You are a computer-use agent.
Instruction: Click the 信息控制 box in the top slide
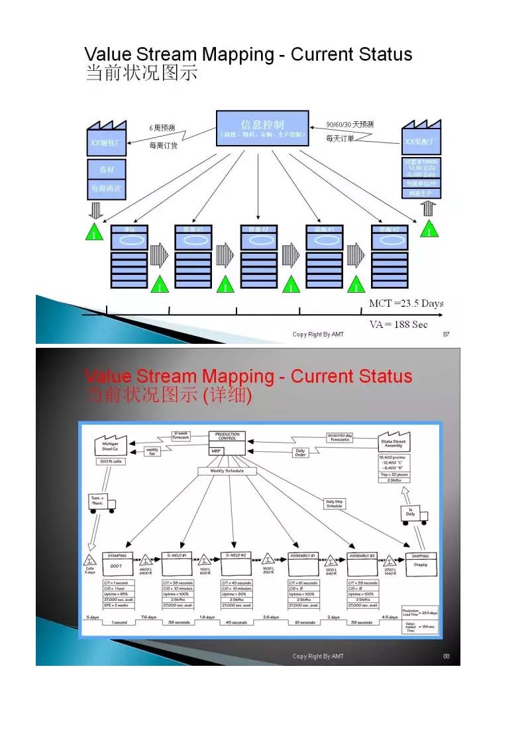coord(262,128)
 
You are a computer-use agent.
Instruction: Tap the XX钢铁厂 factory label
coord(107,141)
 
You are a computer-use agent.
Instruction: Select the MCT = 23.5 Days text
coord(406,303)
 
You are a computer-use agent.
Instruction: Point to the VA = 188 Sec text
coord(398,324)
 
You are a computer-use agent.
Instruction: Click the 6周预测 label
coord(162,127)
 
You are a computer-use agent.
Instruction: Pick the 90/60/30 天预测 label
coord(350,125)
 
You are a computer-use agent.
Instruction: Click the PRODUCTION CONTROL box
coord(227,437)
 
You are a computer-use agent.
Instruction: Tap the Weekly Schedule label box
coord(227,471)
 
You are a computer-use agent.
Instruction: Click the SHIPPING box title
coord(420,556)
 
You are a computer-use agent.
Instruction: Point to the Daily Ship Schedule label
coord(334,504)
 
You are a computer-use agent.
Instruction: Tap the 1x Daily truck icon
coord(413,513)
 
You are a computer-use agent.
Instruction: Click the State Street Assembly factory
coord(393,443)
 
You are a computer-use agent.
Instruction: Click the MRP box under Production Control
coord(216,451)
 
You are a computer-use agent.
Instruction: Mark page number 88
coord(446,657)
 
